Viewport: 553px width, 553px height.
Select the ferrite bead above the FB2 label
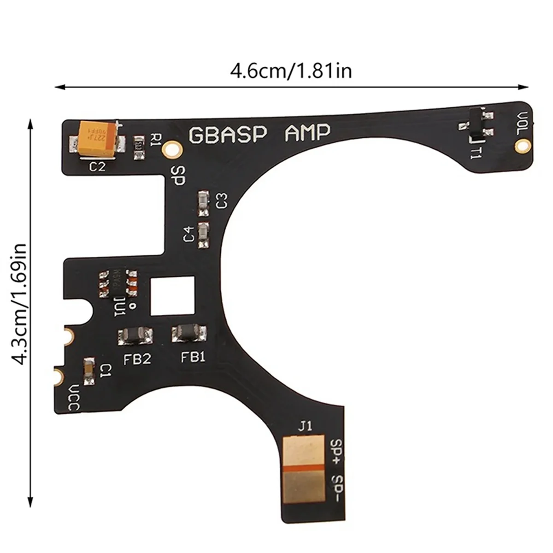[135, 336]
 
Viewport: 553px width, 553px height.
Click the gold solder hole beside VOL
[522, 147]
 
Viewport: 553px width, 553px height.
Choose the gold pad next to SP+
[306, 451]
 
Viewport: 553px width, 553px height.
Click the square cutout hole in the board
[173, 295]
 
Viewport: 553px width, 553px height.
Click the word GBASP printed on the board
[228, 134]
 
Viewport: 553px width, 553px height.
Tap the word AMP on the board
[307, 133]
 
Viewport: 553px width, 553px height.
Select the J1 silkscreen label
[305, 426]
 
